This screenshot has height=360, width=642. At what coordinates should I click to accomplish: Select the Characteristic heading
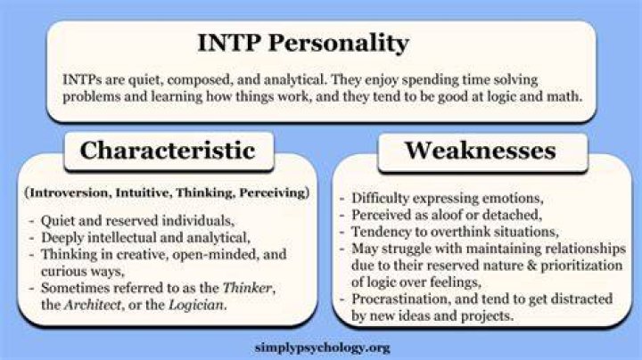[x=168, y=150]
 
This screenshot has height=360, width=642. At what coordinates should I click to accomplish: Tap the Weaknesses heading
[x=481, y=150]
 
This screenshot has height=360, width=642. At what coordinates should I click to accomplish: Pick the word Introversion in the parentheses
[x=70, y=192]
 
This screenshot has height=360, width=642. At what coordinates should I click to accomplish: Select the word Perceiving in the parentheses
[x=272, y=192]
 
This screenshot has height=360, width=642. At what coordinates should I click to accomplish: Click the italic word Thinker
[x=247, y=288]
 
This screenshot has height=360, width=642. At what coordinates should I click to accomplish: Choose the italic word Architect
[x=93, y=305]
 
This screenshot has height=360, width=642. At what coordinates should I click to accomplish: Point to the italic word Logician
[x=196, y=305]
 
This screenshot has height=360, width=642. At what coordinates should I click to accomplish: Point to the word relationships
[x=586, y=250]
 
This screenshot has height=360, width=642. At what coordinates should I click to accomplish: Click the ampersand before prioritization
[x=531, y=266]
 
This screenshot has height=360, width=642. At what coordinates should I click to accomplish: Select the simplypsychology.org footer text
[x=322, y=348]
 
